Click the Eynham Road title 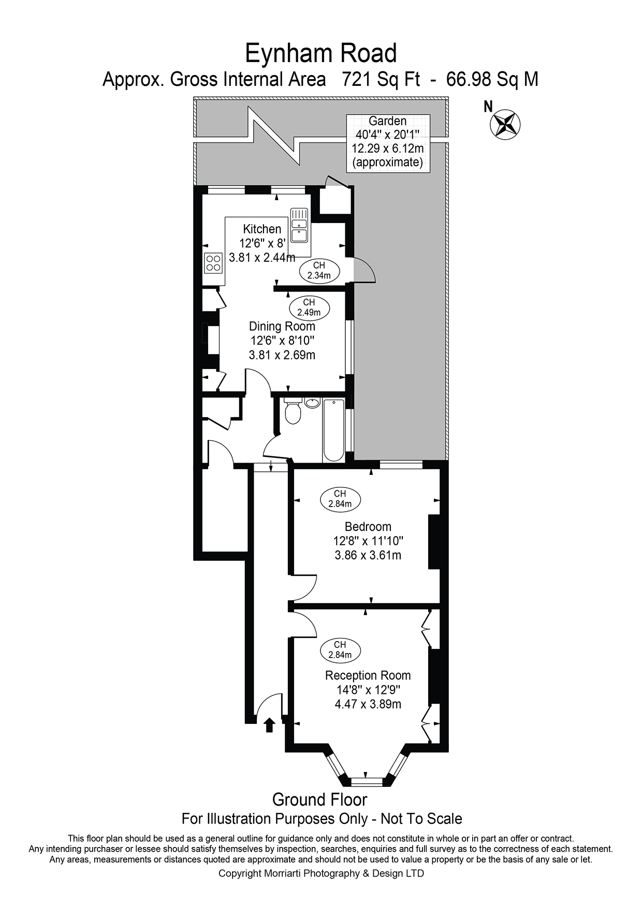point(320,54)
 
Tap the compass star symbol point(505,125)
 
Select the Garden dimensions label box point(388,142)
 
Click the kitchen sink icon point(299,226)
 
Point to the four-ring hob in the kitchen point(213,263)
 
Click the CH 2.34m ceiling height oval point(319,271)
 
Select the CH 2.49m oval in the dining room point(309,307)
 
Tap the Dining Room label point(282,326)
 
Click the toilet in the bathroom point(293,412)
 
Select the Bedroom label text point(368,527)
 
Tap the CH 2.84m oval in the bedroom point(340,499)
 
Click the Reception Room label point(368,675)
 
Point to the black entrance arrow point(269,725)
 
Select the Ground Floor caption point(320,799)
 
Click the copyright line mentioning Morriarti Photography point(321,873)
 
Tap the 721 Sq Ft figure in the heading point(381,79)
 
